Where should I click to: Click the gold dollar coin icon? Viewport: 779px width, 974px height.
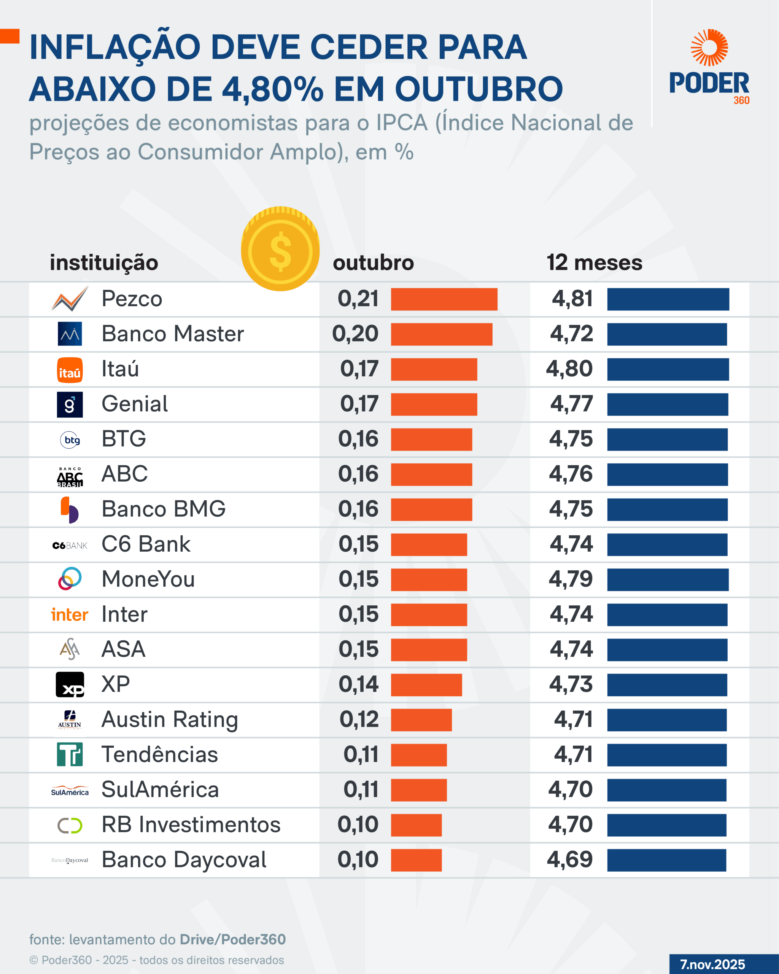pos(280,249)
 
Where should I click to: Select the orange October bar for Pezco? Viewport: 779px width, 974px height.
pos(444,299)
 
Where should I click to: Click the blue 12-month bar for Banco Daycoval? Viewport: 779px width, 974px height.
pos(666,860)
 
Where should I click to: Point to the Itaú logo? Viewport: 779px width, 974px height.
pos(70,370)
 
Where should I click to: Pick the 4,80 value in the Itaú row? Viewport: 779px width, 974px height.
pos(569,369)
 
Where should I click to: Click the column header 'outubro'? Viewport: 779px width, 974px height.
pos(373,263)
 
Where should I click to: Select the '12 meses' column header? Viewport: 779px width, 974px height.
pos(594,263)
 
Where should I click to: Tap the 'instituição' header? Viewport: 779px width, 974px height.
pos(104,263)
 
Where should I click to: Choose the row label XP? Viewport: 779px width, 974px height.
pos(116,684)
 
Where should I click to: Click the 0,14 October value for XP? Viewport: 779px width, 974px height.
pos(359,684)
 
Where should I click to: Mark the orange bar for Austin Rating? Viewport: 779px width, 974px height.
pos(421,720)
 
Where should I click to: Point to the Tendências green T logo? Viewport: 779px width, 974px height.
pos(70,754)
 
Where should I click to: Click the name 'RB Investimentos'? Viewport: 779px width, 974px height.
pos(191,824)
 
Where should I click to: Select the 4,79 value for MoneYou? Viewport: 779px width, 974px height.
pos(570,579)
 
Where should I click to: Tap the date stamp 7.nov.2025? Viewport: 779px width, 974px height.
pos(712,964)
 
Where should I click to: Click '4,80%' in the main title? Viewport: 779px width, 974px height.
pos(272,89)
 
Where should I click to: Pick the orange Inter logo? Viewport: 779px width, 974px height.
pos(70,615)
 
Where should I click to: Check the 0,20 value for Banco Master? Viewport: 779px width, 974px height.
pos(355,334)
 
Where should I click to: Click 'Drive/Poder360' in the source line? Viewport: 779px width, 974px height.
pos(232,940)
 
